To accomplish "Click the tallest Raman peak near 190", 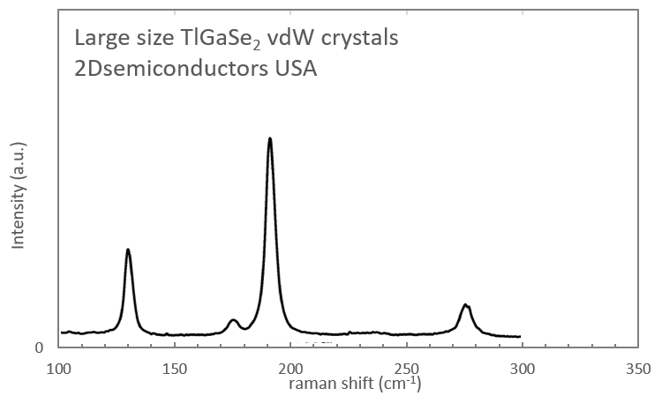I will (269, 139).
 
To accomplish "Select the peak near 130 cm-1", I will (128, 250).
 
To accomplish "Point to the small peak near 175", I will (233, 320).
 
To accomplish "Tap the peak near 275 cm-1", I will (466, 305).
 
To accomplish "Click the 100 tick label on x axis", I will (59, 367).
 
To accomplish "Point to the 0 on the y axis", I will (40, 347).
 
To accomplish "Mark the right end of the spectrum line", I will (520, 336).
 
